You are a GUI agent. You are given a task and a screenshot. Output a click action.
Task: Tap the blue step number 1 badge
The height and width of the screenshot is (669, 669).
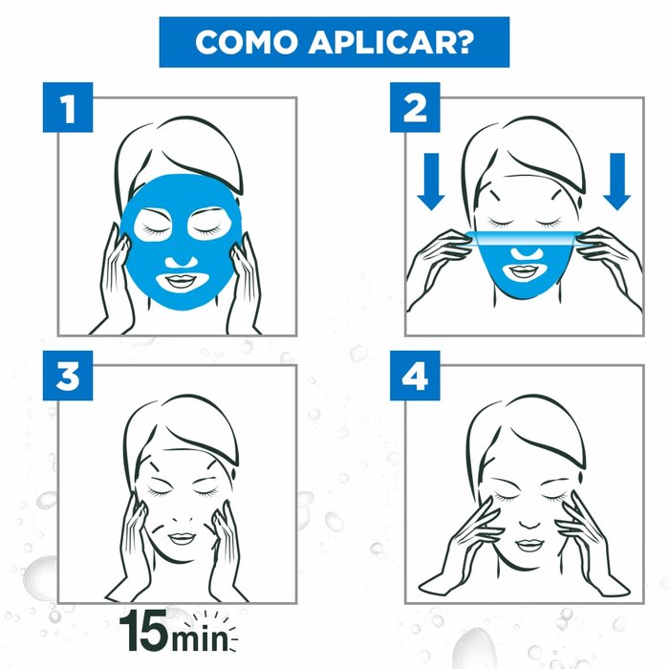pos(69,109)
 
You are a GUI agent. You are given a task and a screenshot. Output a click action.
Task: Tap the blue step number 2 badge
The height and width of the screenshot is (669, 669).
pos(415,109)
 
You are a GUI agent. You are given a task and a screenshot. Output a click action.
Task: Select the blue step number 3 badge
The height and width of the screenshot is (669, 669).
pos(69,378)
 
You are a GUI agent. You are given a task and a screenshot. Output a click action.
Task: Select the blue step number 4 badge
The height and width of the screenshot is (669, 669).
pos(415,378)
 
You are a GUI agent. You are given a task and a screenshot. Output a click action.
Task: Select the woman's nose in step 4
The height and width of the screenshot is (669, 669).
pos(526,522)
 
